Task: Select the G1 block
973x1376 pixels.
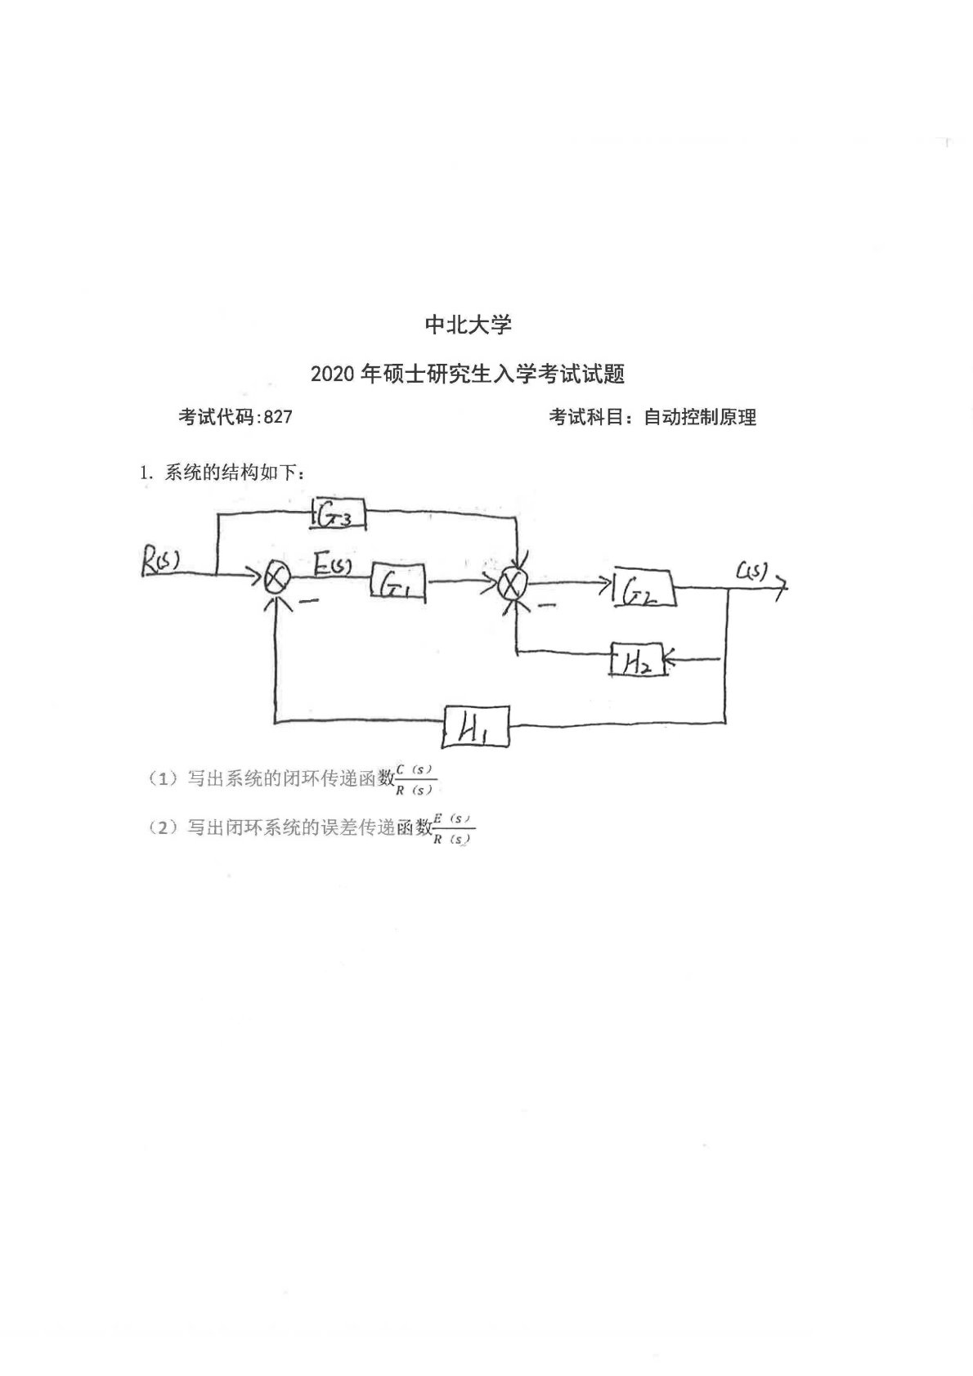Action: click(x=398, y=581)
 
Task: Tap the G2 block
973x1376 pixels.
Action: click(x=645, y=588)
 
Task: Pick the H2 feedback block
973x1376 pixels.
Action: click(x=636, y=660)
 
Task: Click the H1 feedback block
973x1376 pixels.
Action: click(x=475, y=725)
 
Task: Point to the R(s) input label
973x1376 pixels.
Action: click(x=160, y=563)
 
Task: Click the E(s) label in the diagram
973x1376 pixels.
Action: click(x=334, y=563)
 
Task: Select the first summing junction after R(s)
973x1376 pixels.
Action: click(x=276, y=577)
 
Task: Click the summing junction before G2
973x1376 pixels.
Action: click(x=513, y=583)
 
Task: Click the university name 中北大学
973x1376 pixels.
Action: click(x=469, y=325)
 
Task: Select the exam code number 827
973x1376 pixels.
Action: click(x=279, y=417)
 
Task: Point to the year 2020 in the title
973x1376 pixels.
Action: click(x=333, y=374)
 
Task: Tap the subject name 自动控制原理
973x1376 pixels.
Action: click(x=700, y=417)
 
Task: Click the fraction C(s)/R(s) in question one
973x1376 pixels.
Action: click(x=415, y=779)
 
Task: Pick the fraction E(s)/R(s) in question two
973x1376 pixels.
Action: click(x=453, y=828)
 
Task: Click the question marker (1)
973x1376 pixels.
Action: click(x=164, y=778)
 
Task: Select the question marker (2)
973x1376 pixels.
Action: click(x=164, y=827)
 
